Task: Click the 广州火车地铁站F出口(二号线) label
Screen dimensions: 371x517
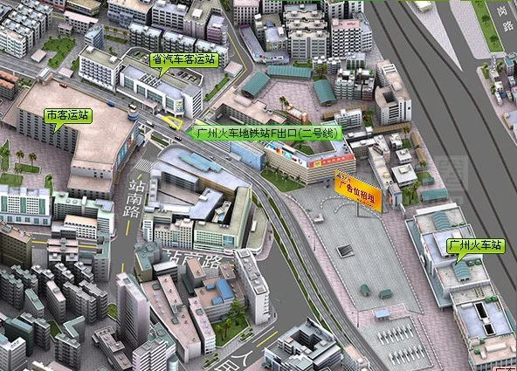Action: tap(266, 134)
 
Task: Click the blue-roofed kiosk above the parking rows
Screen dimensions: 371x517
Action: tap(382, 313)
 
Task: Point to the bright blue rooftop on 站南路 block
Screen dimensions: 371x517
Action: tap(224, 288)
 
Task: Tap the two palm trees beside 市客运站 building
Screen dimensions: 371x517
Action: tap(25, 160)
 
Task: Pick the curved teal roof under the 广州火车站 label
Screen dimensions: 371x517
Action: tap(462, 271)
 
